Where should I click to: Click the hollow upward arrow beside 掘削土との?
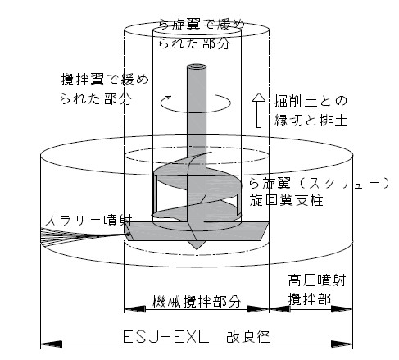click(258, 110)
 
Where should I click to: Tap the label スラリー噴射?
click(88, 221)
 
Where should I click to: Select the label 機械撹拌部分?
click(197, 301)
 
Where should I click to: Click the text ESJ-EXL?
click(165, 336)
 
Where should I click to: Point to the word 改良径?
click(248, 337)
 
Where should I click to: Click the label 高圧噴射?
click(317, 280)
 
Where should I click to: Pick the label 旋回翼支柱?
click(286, 200)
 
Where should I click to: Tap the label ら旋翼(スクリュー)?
click(319, 184)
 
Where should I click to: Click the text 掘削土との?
click(311, 101)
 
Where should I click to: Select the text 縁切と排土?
click(311, 121)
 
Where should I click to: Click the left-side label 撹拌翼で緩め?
click(105, 80)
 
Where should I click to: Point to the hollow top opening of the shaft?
click(197, 66)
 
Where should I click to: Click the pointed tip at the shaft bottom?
click(197, 248)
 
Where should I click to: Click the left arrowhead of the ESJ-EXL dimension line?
click(52, 344)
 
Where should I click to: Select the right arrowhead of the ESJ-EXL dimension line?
click(342, 344)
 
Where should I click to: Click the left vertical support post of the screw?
click(155, 194)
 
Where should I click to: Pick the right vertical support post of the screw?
click(238, 204)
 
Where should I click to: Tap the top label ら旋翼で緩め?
click(202, 25)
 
